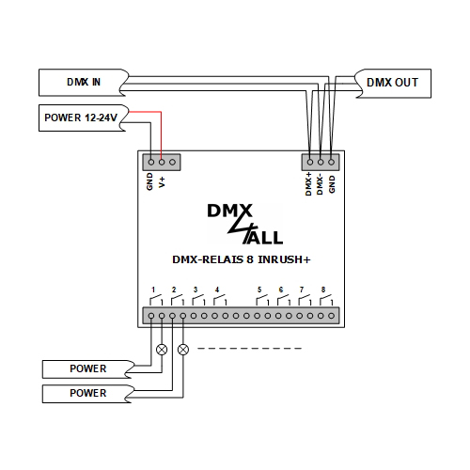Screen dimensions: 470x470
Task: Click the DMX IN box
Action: click(x=80, y=83)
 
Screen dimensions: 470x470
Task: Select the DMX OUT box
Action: click(x=392, y=83)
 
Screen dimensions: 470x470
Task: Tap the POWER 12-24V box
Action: click(x=80, y=119)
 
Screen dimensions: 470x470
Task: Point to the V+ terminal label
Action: click(x=162, y=180)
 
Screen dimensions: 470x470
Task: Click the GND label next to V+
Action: click(x=150, y=180)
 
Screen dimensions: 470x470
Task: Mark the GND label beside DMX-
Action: click(x=332, y=180)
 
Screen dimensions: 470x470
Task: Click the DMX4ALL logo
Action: click(x=243, y=224)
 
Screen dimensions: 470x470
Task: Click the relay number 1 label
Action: click(x=152, y=289)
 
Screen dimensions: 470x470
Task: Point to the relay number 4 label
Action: click(x=217, y=289)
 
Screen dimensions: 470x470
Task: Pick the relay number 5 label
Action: click(x=258, y=289)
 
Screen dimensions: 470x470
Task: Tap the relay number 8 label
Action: click(x=323, y=289)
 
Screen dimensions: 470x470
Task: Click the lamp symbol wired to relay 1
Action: click(x=162, y=349)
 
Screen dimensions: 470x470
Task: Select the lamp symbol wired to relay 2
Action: click(x=182, y=349)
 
